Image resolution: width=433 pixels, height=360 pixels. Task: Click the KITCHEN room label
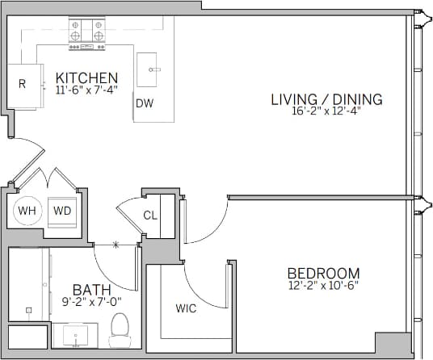pos(86,77)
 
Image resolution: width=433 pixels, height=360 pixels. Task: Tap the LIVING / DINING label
pos(326,99)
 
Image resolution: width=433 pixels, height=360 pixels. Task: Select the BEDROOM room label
pos(323,273)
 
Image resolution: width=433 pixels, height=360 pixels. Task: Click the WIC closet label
pos(186,308)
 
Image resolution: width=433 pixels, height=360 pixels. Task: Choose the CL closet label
pos(150,216)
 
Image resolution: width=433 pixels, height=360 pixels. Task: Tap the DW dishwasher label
pos(145,103)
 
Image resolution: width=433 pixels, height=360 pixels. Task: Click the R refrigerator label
pos(22,83)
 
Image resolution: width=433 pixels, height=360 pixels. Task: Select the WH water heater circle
pos(27,211)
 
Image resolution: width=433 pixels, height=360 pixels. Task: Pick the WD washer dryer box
pos(62,211)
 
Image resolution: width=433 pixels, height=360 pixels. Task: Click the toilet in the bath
pos(120,329)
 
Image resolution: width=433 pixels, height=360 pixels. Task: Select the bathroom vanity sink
pos(78,334)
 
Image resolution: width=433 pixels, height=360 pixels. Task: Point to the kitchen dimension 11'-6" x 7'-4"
pos(86,90)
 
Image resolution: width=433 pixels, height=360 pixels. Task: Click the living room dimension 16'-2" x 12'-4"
pos(326,111)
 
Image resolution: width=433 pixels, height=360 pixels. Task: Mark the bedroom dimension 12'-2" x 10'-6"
pos(323,286)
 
